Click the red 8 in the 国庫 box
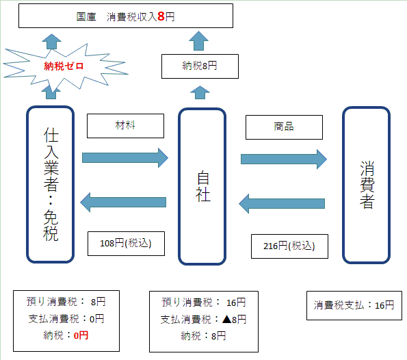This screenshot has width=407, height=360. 161,16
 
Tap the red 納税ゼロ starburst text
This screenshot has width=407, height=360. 64,66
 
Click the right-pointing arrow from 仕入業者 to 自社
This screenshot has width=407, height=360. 125,158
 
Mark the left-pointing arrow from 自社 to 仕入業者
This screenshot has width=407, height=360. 123,203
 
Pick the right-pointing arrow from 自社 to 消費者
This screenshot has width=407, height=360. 284,159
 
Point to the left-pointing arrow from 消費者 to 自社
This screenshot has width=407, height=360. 282,204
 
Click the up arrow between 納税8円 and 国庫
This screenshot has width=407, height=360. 198,41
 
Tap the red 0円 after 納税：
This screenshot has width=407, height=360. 81,335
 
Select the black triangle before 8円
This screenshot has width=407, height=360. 227,319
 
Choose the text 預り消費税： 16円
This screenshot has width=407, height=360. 204,303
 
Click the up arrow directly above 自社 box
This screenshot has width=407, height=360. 200,92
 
